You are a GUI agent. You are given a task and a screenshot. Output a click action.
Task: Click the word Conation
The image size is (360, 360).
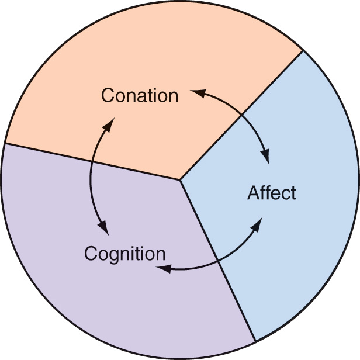(140, 95)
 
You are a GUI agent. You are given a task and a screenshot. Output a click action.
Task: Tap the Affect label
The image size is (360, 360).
(272, 193)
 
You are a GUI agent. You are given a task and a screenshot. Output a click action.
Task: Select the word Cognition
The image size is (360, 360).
(124, 254)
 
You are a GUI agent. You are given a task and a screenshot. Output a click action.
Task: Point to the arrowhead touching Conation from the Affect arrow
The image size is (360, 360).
(199, 92)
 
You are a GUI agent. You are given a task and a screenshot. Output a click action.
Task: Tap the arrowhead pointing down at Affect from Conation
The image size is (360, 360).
(266, 156)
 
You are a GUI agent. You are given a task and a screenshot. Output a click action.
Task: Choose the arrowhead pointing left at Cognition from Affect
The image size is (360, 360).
(165, 268)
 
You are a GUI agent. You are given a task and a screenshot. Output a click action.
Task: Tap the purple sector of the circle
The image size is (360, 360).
(117, 304)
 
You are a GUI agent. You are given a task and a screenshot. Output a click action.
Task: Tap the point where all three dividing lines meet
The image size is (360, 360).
(180, 179)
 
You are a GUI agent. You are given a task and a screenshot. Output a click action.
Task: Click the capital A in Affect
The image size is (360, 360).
(252, 193)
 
